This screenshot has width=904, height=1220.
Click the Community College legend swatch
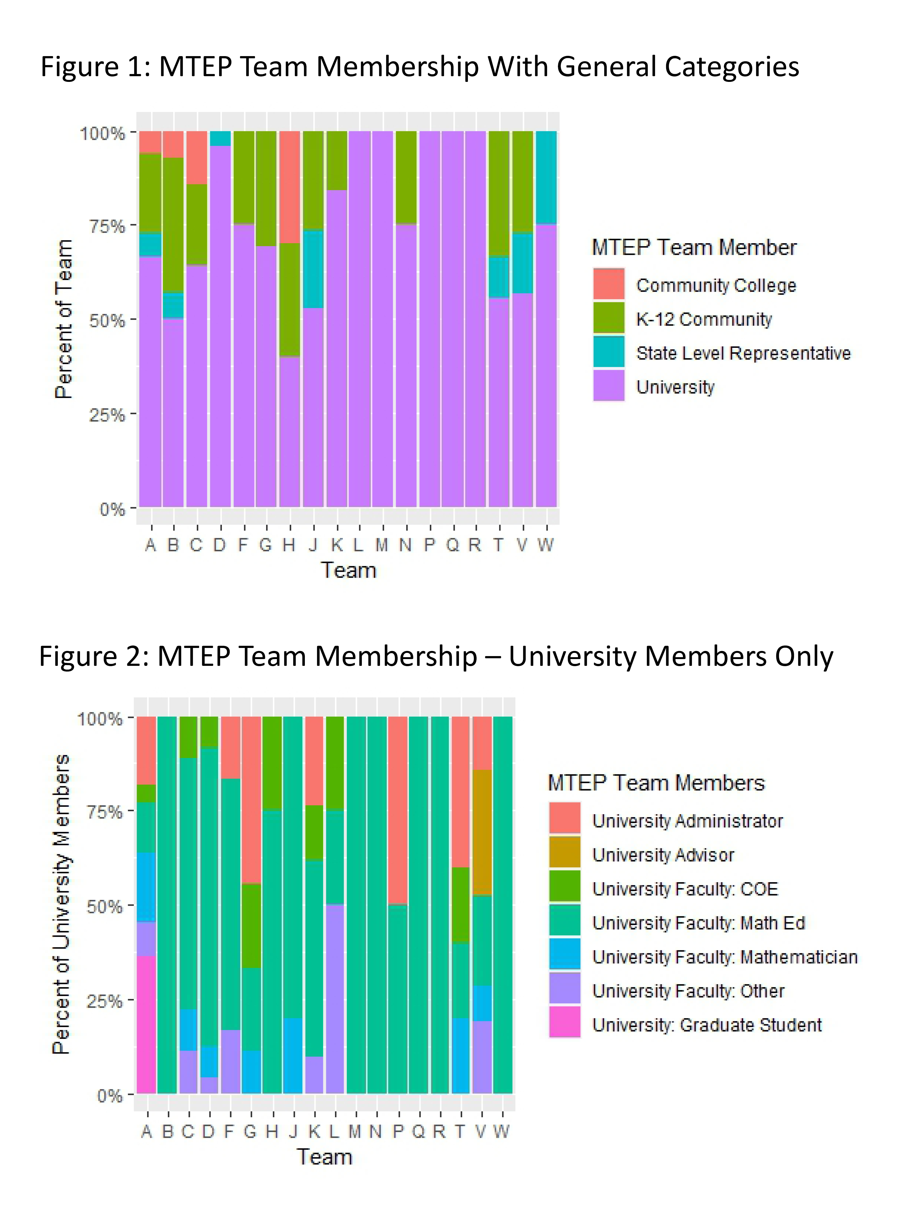click(609, 284)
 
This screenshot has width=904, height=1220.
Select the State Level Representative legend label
click(743, 353)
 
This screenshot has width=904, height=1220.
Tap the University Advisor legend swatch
click(565, 852)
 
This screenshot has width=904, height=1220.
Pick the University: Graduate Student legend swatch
click(565, 1022)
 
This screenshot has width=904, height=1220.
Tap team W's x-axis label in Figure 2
click(501, 1131)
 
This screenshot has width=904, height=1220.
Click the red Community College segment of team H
click(289, 187)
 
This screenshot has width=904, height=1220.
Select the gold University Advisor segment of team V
click(481, 832)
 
